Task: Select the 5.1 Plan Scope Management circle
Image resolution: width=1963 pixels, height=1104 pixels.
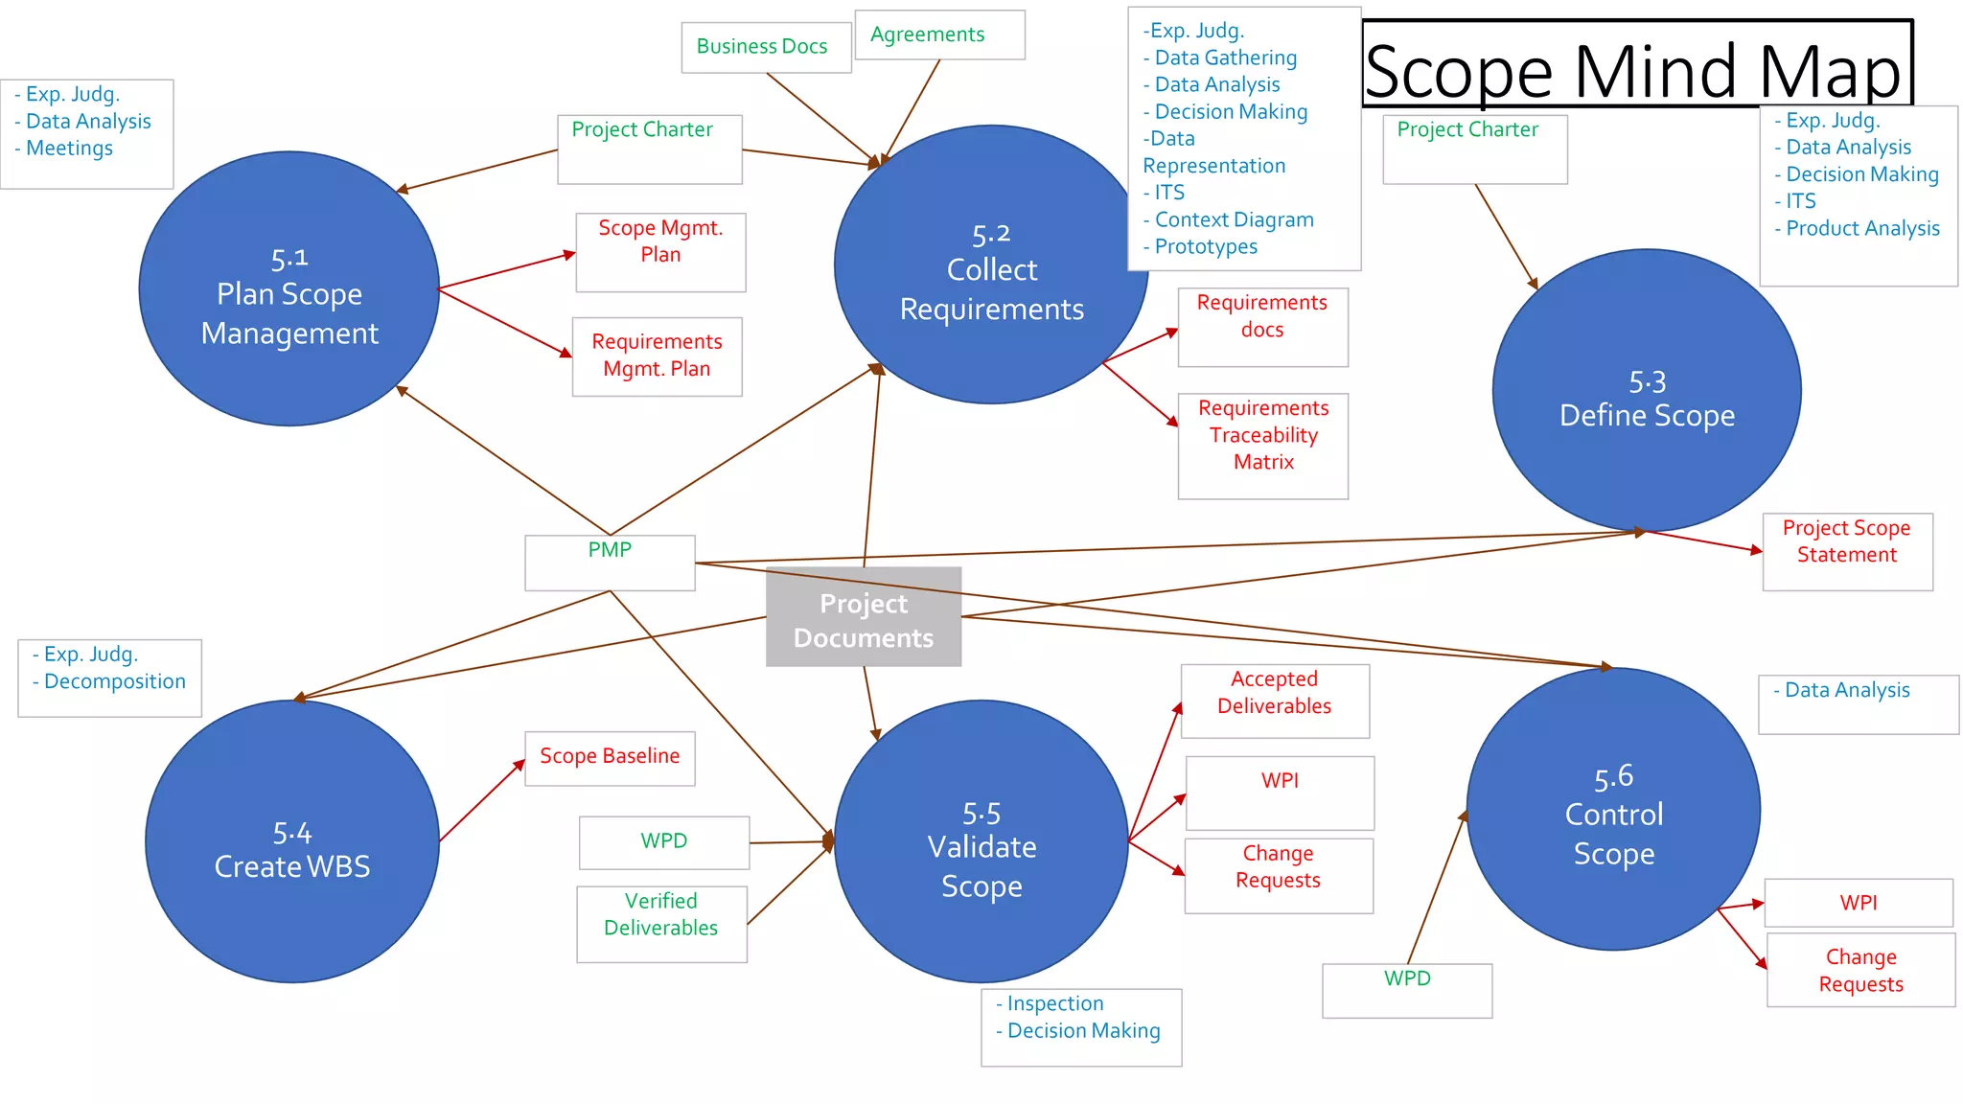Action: click(289, 288)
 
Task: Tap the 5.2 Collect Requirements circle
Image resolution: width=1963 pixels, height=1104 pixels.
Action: click(991, 264)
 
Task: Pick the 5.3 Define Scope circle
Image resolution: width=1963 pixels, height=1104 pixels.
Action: click(1647, 390)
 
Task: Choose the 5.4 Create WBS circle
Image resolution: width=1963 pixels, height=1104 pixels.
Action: click(292, 841)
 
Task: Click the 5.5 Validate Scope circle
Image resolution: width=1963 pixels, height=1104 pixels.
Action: click(981, 841)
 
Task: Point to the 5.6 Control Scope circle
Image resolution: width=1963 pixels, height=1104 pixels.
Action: click(1613, 810)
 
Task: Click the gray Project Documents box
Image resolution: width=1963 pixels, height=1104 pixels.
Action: click(864, 616)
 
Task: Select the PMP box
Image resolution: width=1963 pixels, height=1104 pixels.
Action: click(610, 563)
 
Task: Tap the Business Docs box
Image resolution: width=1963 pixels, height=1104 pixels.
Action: click(766, 47)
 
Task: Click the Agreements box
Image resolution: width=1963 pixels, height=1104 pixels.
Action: click(939, 34)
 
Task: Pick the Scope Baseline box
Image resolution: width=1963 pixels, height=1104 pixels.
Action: click(610, 758)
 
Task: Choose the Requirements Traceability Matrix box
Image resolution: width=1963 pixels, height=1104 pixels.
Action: click(1262, 446)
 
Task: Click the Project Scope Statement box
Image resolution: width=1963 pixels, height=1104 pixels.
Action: click(1847, 551)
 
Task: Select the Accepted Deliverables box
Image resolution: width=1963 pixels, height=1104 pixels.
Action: click(1275, 701)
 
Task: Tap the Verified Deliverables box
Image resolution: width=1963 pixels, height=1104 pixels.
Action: click(661, 924)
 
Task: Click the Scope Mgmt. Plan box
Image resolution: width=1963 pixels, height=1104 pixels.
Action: click(660, 252)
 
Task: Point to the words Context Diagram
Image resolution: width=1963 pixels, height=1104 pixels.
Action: click(1234, 219)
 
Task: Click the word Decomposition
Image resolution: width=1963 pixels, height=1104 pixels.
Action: click(115, 681)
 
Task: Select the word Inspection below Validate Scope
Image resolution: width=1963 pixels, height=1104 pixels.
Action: click(1055, 1003)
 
